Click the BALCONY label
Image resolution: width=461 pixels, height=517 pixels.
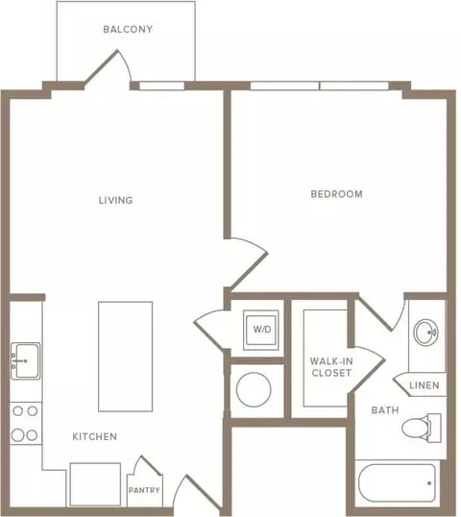click(128, 30)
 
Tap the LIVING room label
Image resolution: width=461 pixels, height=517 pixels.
click(115, 200)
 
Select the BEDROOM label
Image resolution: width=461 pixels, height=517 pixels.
click(336, 194)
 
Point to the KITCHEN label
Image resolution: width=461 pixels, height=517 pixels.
click(94, 436)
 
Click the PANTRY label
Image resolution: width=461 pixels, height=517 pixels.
click(144, 490)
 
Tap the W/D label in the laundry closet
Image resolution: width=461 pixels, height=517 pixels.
click(262, 329)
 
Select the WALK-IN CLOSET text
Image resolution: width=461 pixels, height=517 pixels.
click(331, 367)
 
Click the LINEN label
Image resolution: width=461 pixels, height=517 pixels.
click(425, 385)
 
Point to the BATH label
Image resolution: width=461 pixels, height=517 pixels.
click(385, 410)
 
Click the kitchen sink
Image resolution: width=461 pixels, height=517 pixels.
click(26, 360)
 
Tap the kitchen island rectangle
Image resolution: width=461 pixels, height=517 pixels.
click(125, 357)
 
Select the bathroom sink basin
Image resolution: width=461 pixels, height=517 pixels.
click(425, 332)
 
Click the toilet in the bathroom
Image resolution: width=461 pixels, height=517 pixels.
click(422, 428)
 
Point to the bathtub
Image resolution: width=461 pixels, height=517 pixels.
click(397, 483)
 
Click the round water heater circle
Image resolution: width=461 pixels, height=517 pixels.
click(254, 389)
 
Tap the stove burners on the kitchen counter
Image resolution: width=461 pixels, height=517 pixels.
click(25, 424)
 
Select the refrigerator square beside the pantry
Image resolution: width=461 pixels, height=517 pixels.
click(95, 484)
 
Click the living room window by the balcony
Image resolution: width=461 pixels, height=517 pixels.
click(161, 86)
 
